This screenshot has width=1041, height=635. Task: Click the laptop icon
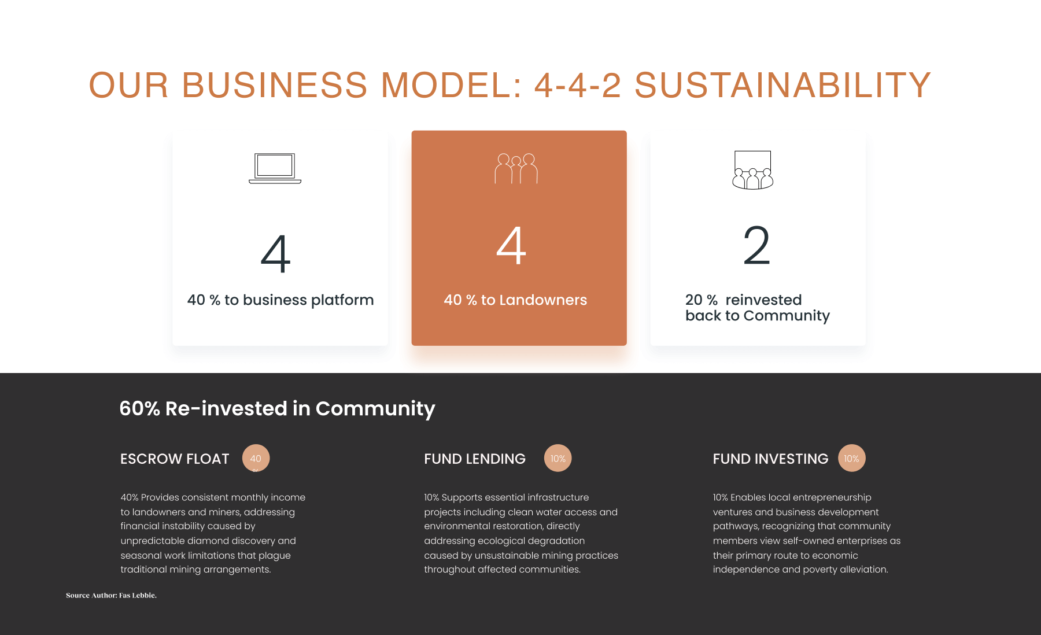275,168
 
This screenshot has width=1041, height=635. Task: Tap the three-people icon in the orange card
516,168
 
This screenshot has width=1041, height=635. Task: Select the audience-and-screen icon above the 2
752,170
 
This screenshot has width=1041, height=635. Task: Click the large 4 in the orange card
511,246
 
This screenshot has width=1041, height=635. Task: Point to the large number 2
756,245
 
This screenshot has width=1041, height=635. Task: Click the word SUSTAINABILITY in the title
782,85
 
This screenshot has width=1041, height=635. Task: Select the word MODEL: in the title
451,85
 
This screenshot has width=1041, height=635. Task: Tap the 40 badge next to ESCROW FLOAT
256,458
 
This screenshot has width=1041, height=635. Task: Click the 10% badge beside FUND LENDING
558,458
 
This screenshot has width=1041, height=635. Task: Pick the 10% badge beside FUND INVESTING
851,458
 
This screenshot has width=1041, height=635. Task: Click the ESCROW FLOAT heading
175,459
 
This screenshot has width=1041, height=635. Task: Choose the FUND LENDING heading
475,459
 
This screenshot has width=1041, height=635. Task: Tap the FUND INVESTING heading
770,459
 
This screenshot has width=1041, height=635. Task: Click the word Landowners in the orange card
543,300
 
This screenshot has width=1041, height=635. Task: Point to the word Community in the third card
787,316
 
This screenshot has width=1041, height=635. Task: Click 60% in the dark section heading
139,408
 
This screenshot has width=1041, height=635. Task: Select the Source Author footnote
111,595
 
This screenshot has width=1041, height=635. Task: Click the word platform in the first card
342,300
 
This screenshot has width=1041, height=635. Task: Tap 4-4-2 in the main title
578,85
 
